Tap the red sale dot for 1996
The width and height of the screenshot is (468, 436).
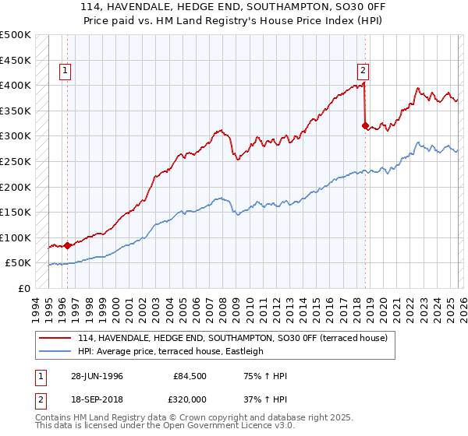pyautogui.click(x=67, y=245)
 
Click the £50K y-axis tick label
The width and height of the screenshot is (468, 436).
pyautogui.click(x=18, y=263)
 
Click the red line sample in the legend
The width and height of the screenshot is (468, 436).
pyautogui.click(x=56, y=337)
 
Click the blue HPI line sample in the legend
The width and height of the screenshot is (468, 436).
pyautogui.click(x=56, y=351)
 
